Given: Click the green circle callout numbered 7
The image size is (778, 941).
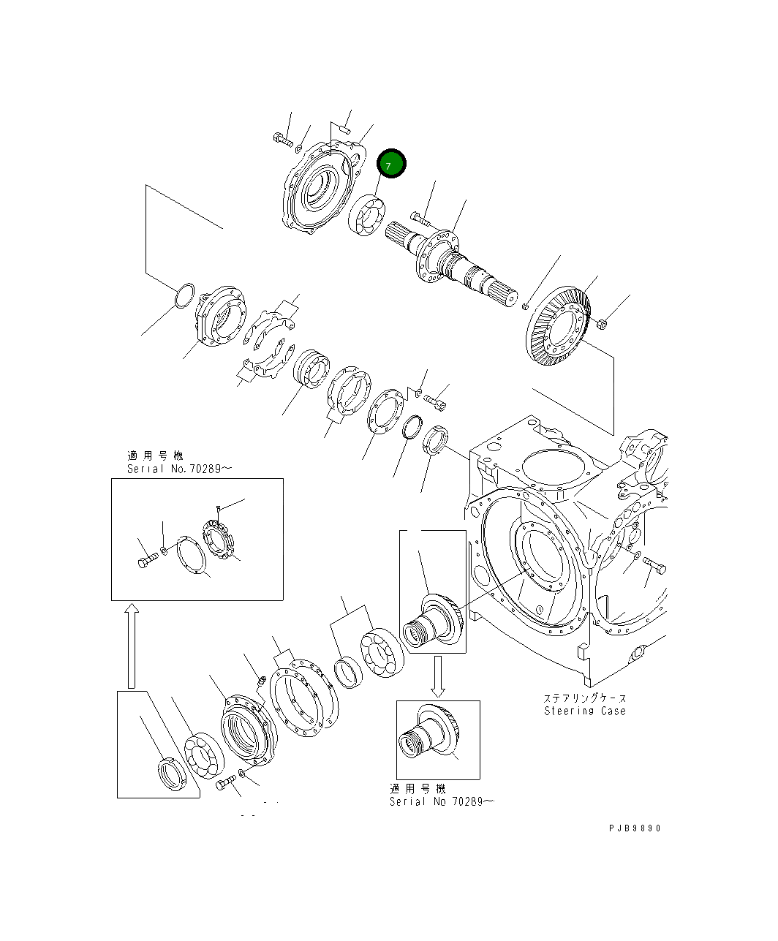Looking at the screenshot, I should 390,165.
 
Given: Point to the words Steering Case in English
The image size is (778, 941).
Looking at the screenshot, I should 585,711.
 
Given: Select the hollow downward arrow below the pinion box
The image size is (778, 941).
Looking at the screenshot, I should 437,676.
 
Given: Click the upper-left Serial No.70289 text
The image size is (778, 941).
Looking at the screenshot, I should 179,469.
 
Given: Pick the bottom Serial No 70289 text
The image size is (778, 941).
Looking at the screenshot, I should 442,801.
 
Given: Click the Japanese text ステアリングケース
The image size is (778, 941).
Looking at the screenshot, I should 584,698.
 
